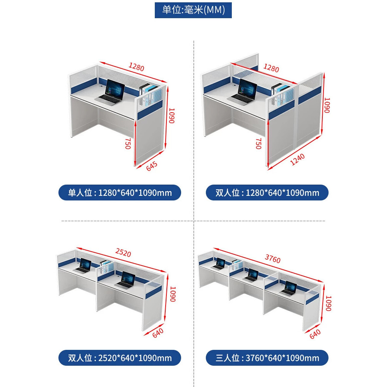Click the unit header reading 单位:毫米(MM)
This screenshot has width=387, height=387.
pos(193,10)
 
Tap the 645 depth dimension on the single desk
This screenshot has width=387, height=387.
pos(152,166)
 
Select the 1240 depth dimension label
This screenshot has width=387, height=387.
pos(297,159)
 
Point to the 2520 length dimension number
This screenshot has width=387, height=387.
pos(123,253)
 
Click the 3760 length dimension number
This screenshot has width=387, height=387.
pos(273,259)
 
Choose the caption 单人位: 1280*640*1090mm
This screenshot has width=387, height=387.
pos(120,192)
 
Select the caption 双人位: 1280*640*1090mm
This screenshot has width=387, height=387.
pos(267,192)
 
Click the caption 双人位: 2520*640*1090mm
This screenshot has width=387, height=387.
pos(120,358)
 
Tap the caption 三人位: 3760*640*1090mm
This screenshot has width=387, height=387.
pos(267,358)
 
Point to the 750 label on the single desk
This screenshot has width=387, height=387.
pos(128,144)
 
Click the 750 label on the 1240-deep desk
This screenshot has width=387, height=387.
pos(258,144)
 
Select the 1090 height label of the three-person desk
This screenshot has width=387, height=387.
pos(329,303)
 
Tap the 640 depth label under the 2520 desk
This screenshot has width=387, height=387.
pos(158,333)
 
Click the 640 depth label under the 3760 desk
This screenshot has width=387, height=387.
pos(315,334)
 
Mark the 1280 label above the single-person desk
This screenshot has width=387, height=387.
pos(136,67)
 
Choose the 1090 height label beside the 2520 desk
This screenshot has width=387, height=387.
pos(173,294)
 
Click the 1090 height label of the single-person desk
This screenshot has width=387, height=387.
pos(171,115)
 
